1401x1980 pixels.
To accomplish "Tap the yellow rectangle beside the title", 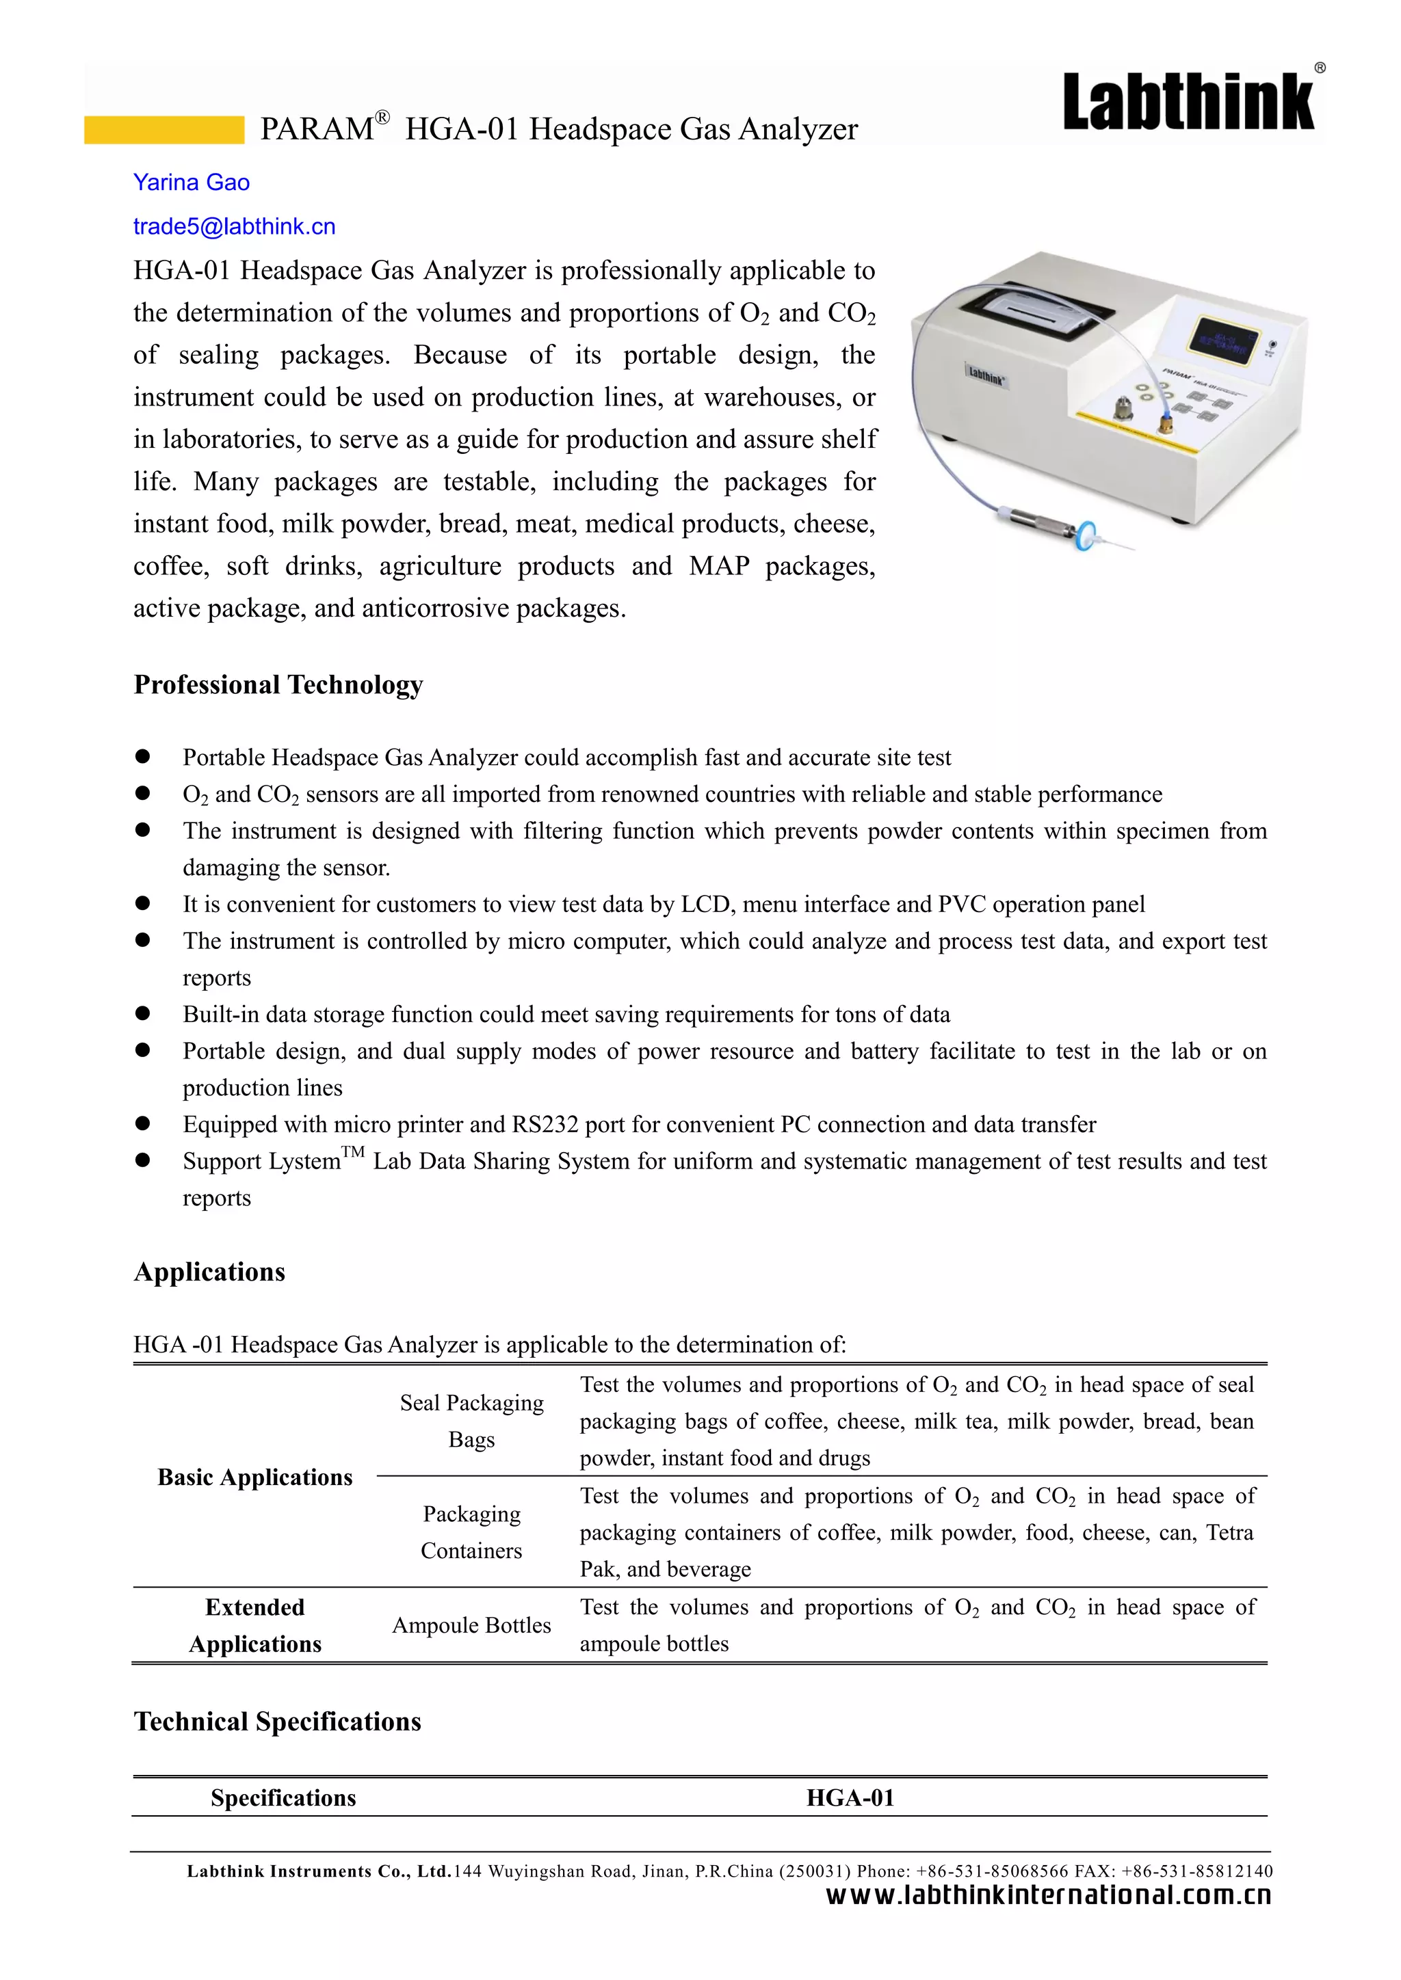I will tap(164, 129).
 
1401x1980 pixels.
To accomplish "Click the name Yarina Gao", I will tap(192, 183).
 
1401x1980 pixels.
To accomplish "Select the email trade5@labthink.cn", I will tap(234, 227).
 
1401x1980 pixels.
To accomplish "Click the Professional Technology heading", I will tap(278, 684).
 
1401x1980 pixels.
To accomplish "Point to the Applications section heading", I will tap(209, 1272).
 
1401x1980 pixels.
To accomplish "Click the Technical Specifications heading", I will tap(277, 1722).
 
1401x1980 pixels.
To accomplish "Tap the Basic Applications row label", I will tap(254, 1477).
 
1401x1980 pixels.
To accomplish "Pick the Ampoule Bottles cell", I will tap(471, 1626).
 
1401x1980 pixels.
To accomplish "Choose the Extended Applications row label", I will tap(254, 1626).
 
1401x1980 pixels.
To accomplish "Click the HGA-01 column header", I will tap(850, 1798).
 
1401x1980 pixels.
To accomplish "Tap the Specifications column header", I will tap(283, 1798).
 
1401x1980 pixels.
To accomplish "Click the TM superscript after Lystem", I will tap(353, 1152).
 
